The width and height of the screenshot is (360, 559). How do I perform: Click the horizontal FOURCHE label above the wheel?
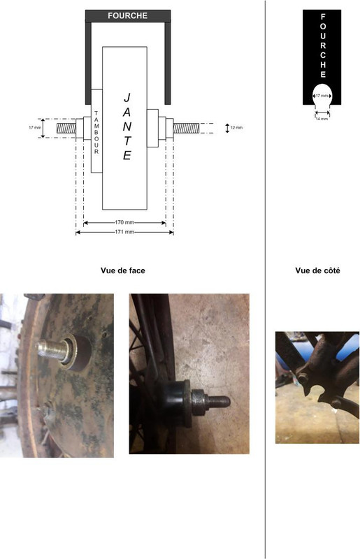pyautogui.click(x=127, y=15)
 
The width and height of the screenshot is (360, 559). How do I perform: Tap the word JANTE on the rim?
pyautogui.click(x=127, y=126)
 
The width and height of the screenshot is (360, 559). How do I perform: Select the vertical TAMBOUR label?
pyautogui.click(x=96, y=132)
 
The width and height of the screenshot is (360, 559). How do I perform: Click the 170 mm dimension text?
pyautogui.click(x=124, y=222)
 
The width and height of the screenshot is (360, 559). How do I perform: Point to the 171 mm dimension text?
pyautogui.click(x=124, y=232)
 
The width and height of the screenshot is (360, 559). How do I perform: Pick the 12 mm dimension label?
pyautogui.click(x=236, y=128)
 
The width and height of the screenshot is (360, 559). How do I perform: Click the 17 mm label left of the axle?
pyautogui.click(x=35, y=128)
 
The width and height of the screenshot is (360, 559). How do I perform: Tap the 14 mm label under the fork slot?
pyautogui.click(x=322, y=119)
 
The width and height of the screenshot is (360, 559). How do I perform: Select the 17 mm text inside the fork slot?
pyautogui.click(x=322, y=96)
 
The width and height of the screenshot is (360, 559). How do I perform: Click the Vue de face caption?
pyautogui.click(x=123, y=270)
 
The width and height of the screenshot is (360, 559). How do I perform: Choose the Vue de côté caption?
pyautogui.click(x=317, y=270)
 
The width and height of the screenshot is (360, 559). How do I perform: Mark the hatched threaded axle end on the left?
pyautogui.click(x=66, y=128)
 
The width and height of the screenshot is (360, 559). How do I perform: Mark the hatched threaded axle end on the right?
pyautogui.click(x=186, y=128)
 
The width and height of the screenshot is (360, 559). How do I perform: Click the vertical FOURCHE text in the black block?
pyautogui.click(x=323, y=45)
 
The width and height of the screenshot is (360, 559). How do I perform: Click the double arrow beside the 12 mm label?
pyautogui.click(x=227, y=128)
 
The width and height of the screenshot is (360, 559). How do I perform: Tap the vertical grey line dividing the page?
pyautogui.click(x=265, y=279)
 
